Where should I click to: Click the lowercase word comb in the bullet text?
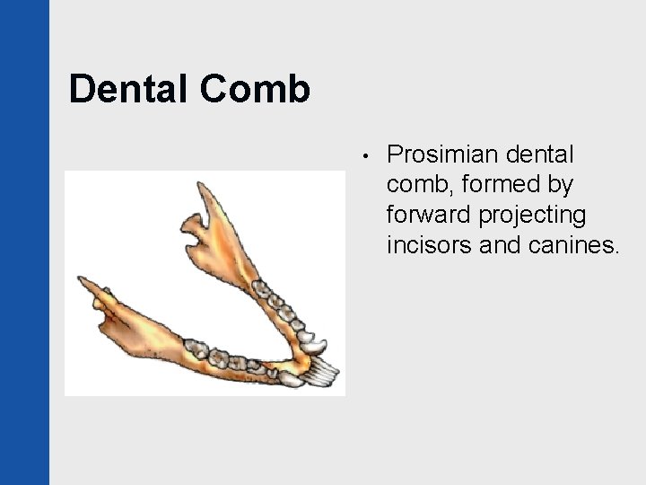tap(415, 184)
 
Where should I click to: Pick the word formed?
tap(495, 184)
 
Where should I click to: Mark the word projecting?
tap(535, 216)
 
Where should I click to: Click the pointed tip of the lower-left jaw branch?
tap(82, 281)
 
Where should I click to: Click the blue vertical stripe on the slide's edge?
tap(24, 242)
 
